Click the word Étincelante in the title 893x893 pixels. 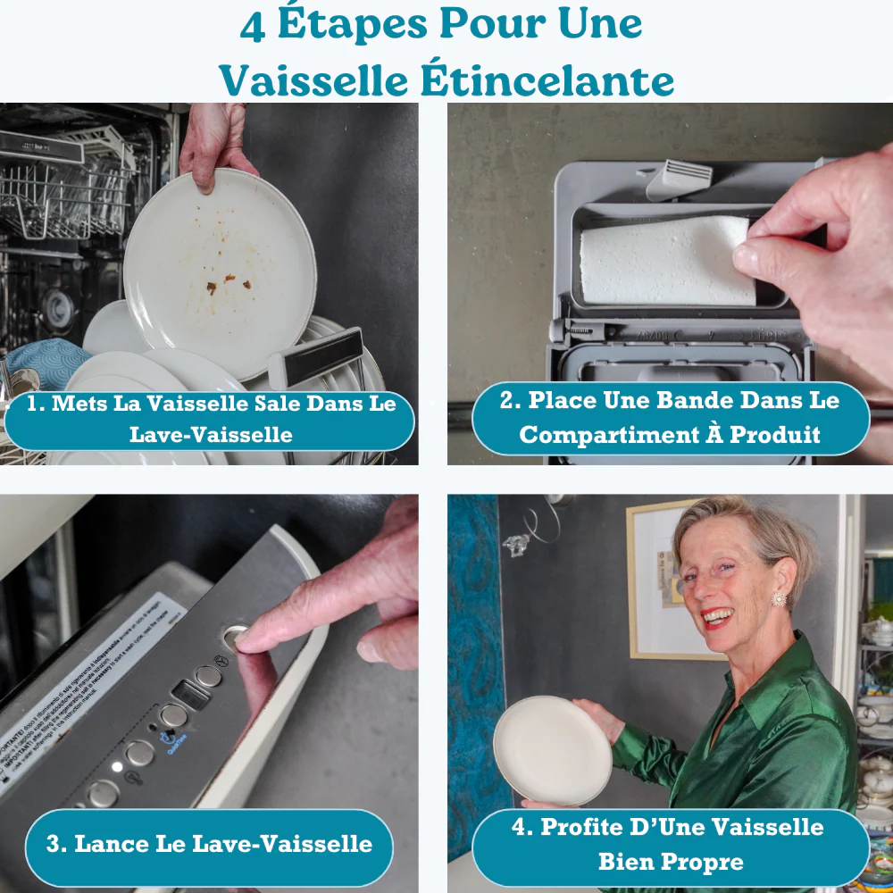tap(547, 80)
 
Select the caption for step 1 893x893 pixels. tap(210, 419)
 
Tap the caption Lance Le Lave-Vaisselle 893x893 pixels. tap(209, 844)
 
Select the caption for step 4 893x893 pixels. tap(670, 844)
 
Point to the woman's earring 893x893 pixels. tap(778, 598)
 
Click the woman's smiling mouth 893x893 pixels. tap(717, 616)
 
